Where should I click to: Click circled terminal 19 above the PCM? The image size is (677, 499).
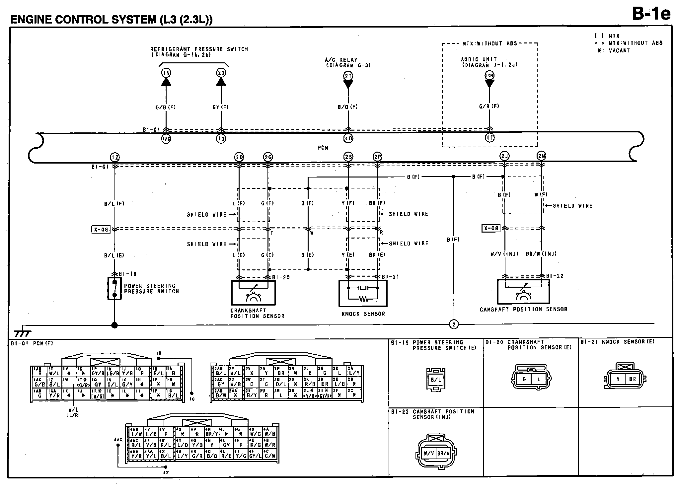pyautogui.click(x=166, y=73)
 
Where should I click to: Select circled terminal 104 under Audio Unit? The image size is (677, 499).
pyautogui.click(x=489, y=75)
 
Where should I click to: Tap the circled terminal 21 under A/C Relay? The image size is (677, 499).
pyautogui.click(x=348, y=76)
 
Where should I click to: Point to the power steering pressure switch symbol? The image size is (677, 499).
pyautogui.click(x=114, y=288)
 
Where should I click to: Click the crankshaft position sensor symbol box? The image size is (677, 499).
pyautogui.click(x=253, y=293)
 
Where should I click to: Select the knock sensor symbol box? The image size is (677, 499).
pyautogui.click(x=363, y=293)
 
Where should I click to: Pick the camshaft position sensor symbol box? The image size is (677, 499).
pyautogui.click(x=523, y=291)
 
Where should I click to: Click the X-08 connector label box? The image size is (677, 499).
pyautogui.click(x=101, y=229)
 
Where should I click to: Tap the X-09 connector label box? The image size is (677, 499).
pyautogui.click(x=491, y=228)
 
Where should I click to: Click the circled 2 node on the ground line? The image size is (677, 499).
pyautogui.click(x=454, y=324)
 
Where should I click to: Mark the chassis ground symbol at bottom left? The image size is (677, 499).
pyautogui.click(x=23, y=333)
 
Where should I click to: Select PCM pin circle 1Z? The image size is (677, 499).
pyautogui.click(x=115, y=157)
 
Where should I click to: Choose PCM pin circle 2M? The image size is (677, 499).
pyautogui.click(x=541, y=156)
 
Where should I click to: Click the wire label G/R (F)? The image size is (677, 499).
pyautogui.click(x=489, y=106)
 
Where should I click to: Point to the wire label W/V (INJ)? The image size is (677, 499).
pyautogui.click(x=504, y=254)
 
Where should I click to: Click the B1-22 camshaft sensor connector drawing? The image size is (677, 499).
pyautogui.click(x=436, y=453)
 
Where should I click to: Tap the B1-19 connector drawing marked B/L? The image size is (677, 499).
pyautogui.click(x=436, y=380)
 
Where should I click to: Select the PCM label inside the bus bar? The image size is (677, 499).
pyautogui.click(x=323, y=148)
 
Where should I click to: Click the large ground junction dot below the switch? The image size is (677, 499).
pyautogui.click(x=114, y=325)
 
